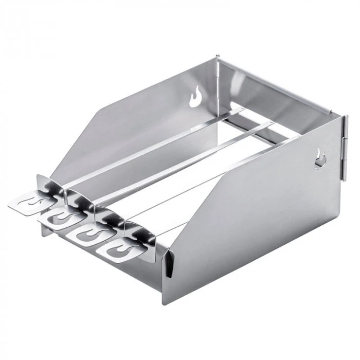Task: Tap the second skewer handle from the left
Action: point(57,218)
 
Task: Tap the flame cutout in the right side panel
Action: point(320,159)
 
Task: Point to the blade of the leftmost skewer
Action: point(154,144)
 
